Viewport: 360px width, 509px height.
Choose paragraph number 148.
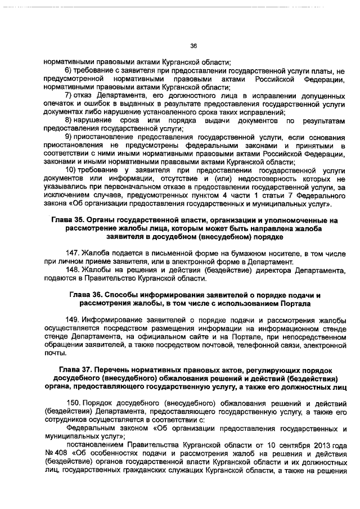(x=73, y=271)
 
